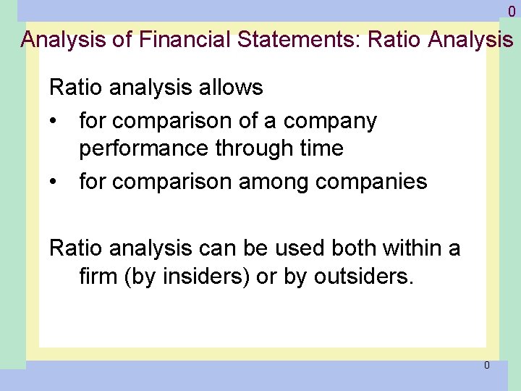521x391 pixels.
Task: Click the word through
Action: click(252, 148)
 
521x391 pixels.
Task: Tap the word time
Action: click(319, 148)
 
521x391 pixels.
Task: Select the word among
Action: click(271, 181)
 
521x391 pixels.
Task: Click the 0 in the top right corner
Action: click(512, 12)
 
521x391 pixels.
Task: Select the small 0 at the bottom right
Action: click(486, 365)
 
